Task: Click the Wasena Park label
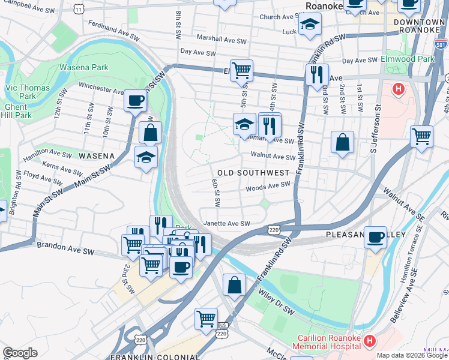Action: click(x=84, y=68)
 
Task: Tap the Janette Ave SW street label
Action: click(x=227, y=223)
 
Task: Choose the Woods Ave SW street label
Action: click(x=268, y=187)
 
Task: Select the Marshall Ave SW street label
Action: click(x=222, y=41)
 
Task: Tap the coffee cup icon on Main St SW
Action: click(x=136, y=100)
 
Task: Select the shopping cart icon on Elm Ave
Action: click(x=241, y=70)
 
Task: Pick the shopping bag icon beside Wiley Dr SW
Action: click(x=234, y=285)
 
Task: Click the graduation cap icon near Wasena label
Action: click(x=146, y=157)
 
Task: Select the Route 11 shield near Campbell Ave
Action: click(x=80, y=8)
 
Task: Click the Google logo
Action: click(x=20, y=353)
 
